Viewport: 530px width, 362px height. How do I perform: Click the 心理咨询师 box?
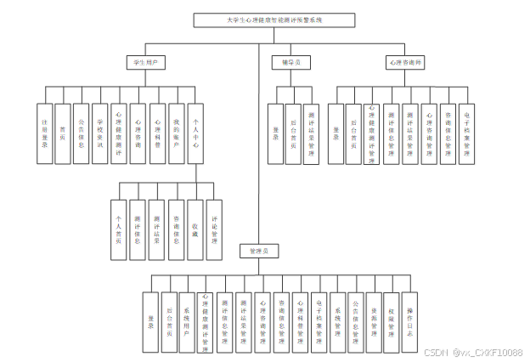(405, 63)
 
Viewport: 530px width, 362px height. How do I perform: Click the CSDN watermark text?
(473, 352)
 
